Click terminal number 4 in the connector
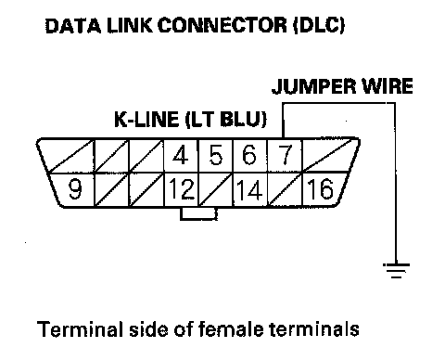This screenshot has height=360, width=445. [180, 155]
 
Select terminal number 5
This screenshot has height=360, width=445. [215, 155]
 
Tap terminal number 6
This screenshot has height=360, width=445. [249, 155]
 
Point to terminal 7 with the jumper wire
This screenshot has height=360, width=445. [285, 155]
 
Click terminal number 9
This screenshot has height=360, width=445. [75, 189]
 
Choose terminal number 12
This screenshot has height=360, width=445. [182, 189]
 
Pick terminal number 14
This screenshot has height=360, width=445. [249, 189]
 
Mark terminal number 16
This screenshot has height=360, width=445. [320, 188]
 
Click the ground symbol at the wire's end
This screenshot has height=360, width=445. [396, 270]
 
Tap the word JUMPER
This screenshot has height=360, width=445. [313, 86]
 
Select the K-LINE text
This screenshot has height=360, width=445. [146, 119]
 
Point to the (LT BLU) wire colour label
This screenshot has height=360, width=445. [226, 119]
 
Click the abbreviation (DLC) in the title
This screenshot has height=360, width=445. [319, 25]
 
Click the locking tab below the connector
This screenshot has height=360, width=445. [198, 213]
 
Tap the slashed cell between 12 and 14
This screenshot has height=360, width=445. [215, 189]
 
